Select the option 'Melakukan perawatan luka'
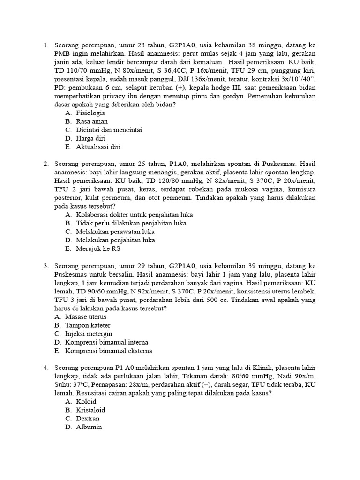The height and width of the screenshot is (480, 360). click(x=115, y=232)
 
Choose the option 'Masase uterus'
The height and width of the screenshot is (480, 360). click(x=85, y=317)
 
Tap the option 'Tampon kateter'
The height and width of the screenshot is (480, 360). click(x=88, y=325)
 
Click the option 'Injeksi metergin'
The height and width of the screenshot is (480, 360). click(x=89, y=334)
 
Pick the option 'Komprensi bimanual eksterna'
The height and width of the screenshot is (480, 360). click(x=109, y=351)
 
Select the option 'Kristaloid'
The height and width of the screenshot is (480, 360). click(x=90, y=410)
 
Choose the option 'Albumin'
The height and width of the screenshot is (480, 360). click(x=89, y=427)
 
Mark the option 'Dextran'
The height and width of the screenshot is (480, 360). click(x=88, y=419)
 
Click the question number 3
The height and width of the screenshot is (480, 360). click(x=46, y=266)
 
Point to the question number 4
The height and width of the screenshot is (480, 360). click(x=46, y=368)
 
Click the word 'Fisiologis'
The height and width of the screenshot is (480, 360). click(x=90, y=113)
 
